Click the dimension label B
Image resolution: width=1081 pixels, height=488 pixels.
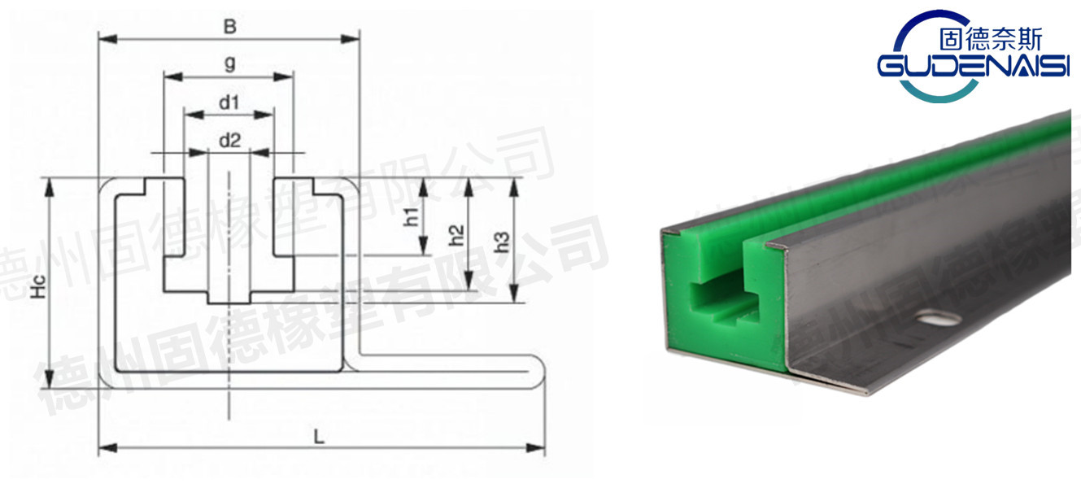pos(230,27)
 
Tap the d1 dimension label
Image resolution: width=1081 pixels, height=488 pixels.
pos(229,102)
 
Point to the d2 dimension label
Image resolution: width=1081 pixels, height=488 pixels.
pos(229,140)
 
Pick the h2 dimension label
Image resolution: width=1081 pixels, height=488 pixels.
pos(457,235)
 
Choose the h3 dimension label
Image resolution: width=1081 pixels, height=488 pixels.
pos(503,242)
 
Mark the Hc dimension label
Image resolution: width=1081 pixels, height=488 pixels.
pos(38,285)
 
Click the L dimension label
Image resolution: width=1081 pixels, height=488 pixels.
pos(320,437)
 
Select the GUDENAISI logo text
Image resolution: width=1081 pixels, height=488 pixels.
pos(973,67)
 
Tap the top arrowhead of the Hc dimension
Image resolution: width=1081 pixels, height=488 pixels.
pos(50,184)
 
